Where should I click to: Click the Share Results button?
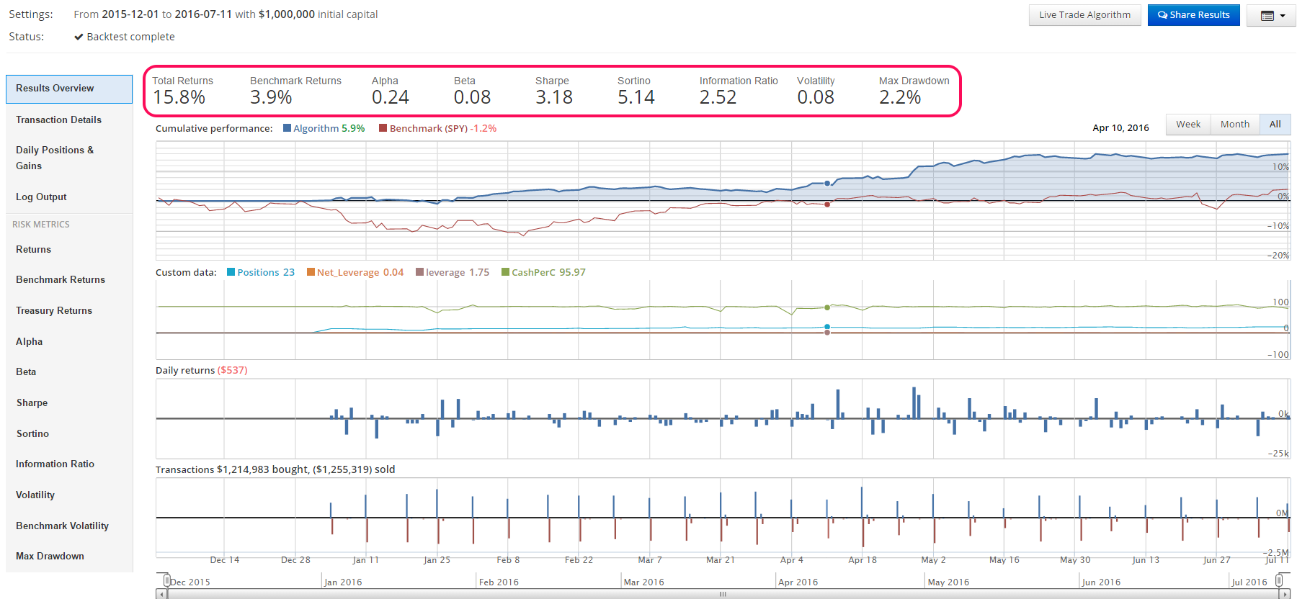[x=1193, y=15]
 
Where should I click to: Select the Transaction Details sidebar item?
[x=58, y=120]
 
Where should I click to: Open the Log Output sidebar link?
[x=41, y=197]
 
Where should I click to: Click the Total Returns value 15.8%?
[x=179, y=97]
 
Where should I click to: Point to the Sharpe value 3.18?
[x=553, y=97]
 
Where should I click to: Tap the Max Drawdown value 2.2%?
[x=899, y=97]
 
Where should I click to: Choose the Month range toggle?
[x=1234, y=125]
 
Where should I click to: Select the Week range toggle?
[x=1187, y=125]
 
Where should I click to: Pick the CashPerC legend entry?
[x=543, y=273]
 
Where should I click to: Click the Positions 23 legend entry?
[x=261, y=273]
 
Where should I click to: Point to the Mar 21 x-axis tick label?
[x=720, y=560]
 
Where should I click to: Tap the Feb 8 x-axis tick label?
[x=508, y=560]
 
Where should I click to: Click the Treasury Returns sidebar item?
[x=54, y=311]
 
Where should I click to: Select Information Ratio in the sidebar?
[x=55, y=464]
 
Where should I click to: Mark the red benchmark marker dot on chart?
[x=827, y=204]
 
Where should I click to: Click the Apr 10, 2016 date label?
[x=1120, y=128]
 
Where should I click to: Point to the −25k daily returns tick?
[x=1279, y=454]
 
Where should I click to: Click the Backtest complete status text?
[x=130, y=37]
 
